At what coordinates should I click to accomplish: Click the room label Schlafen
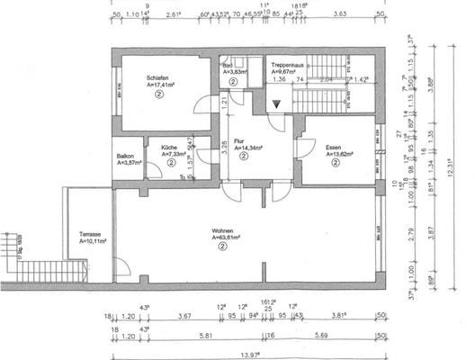[158, 77]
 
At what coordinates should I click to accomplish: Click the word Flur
[239, 140]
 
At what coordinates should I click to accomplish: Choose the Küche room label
[169, 147]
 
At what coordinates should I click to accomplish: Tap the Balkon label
[127, 156]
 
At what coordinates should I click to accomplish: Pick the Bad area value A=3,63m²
[235, 71]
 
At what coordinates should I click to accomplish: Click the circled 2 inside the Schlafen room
[158, 94]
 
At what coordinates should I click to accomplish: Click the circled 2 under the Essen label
[335, 162]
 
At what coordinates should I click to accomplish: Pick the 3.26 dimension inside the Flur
[222, 144]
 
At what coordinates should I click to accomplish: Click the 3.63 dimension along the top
[340, 15]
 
